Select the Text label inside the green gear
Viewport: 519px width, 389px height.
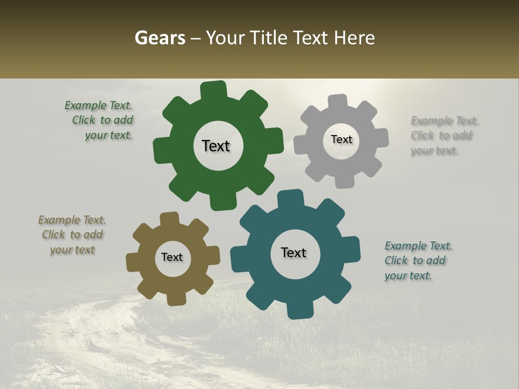(x=216, y=146)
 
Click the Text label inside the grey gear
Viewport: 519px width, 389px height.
(x=341, y=139)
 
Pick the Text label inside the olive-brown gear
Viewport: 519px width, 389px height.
(x=172, y=257)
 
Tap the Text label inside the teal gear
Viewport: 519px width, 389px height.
(x=294, y=252)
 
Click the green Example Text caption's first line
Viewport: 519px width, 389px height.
(x=98, y=105)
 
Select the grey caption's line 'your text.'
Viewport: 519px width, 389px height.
(x=434, y=151)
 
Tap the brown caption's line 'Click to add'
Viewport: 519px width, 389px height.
(x=72, y=234)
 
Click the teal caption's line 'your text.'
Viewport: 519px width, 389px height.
(x=408, y=276)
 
